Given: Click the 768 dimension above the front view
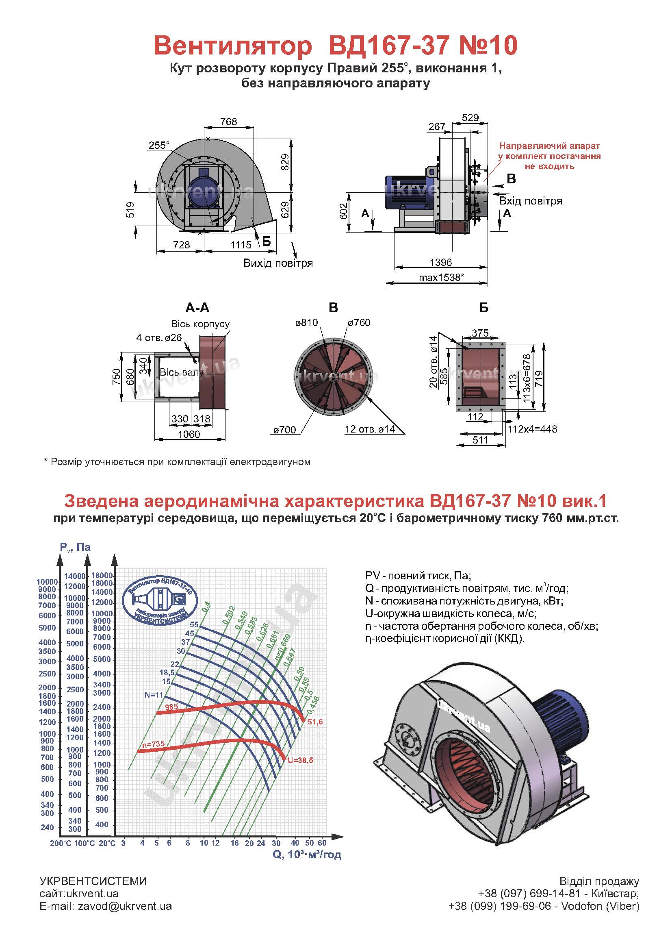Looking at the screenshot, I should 228,121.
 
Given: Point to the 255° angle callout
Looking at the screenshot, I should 159,145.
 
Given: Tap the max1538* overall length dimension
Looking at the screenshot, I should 441,277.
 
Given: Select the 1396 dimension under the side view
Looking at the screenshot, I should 441,262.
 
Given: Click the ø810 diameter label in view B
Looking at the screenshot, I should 306,322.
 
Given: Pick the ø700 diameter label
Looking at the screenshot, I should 284,430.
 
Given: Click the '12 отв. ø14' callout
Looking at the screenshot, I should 369,429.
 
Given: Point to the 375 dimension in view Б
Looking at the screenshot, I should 480,333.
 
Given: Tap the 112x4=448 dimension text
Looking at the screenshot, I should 532,429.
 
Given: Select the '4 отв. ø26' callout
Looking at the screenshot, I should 159,337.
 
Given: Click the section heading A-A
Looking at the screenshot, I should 197,308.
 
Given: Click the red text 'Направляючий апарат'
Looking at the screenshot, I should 549,146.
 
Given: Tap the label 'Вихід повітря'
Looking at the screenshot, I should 277,263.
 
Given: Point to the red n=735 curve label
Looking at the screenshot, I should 153,744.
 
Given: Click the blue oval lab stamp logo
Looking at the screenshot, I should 160,600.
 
